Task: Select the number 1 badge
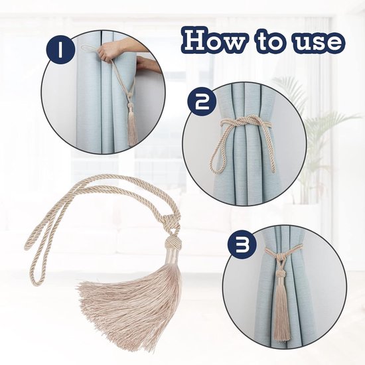coord(60,50)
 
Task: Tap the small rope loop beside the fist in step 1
coord(89,49)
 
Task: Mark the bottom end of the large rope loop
coord(36,283)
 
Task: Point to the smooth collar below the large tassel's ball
coord(171,256)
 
